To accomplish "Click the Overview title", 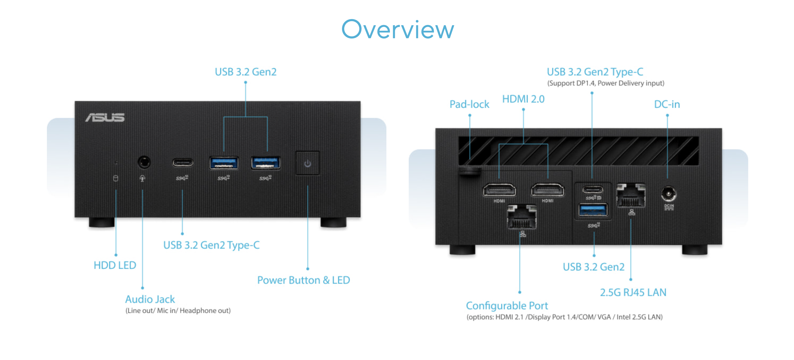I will click(x=398, y=29).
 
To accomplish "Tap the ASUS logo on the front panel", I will click(x=105, y=117).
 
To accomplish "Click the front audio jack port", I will click(x=144, y=162).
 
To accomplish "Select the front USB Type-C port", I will click(x=183, y=162).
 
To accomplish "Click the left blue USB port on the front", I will click(x=224, y=163).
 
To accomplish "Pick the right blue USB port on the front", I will click(x=266, y=163).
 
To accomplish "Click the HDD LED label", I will click(x=115, y=265).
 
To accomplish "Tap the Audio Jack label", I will click(x=150, y=299).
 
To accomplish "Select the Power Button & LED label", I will click(x=303, y=280).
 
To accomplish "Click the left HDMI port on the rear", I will click(x=499, y=190).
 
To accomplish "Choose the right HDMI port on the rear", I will click(x=547, y=190).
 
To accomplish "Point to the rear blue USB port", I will click(x=593, y=210).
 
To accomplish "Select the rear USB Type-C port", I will click(x=593, y=189).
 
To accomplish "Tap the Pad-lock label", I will click(x=469, y=104).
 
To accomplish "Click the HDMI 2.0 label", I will click(x=523, y=99).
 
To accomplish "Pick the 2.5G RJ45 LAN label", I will click(x=633, y=292).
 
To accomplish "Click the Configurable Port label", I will click(x=507, y=306).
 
